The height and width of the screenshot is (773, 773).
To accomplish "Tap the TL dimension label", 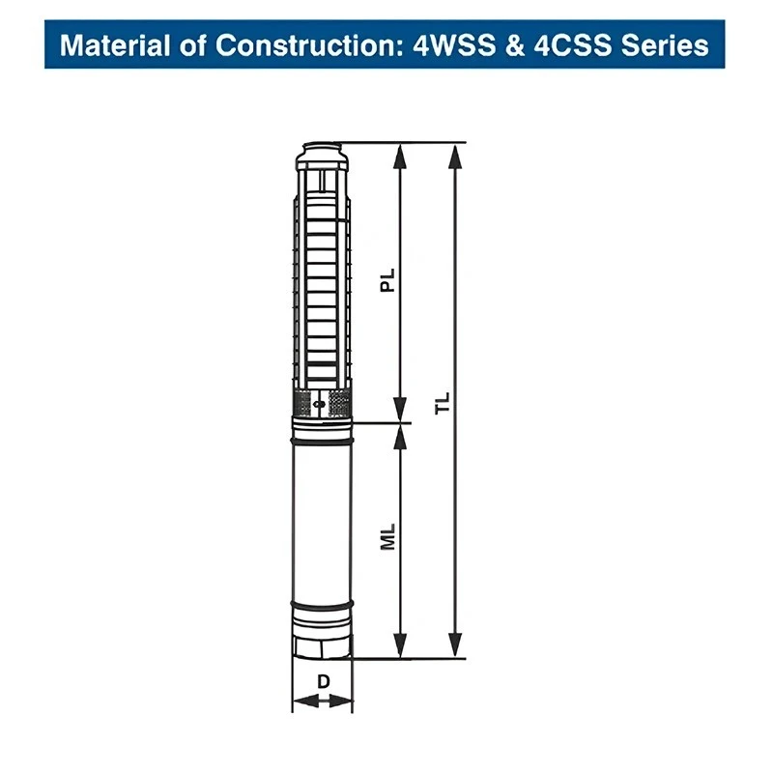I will click(443, 403).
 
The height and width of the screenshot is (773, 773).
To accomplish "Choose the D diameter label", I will click(324, 681).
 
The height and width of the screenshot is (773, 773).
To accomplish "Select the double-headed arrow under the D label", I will click(323, 701).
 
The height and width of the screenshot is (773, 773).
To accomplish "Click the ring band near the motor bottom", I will click(323, 606).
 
